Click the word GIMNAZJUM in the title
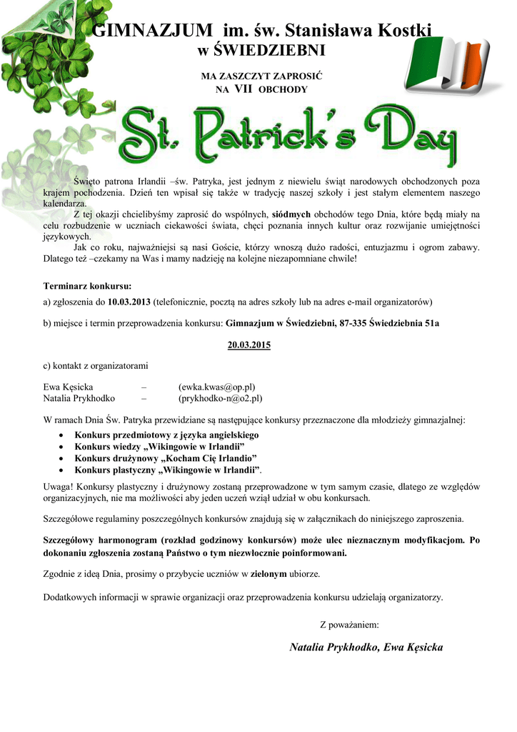click(153, 31)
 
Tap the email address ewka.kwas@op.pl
click(216, 387)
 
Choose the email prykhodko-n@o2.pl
click(220, 398)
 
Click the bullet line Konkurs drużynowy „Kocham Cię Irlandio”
click(166, 457)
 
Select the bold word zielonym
click(268, 574)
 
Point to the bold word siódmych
click(291, 214)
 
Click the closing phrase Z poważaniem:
click(349, 625)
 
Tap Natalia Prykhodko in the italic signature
click(333, 647)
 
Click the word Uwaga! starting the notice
click(58, 486)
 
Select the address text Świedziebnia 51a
click(403, 323)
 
